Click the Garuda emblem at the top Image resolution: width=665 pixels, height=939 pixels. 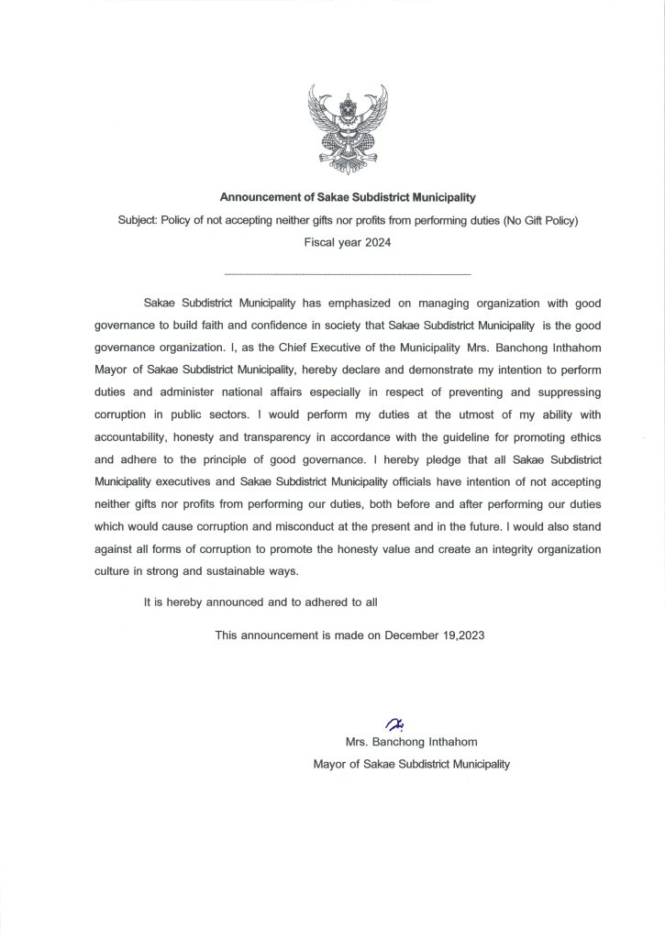(347, 128)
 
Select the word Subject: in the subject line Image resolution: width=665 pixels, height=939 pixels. (138, 221)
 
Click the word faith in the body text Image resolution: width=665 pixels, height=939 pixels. (219, 325)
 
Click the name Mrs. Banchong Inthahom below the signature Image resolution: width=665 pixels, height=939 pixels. (411, 741)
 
